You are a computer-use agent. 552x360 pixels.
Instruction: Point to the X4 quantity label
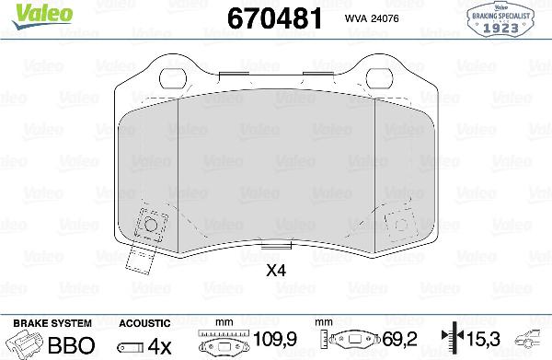[x=275, y=272]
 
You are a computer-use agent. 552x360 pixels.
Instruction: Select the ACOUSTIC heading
[x=144, y=323]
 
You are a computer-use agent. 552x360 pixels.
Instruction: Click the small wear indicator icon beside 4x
[x=130, y=346]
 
